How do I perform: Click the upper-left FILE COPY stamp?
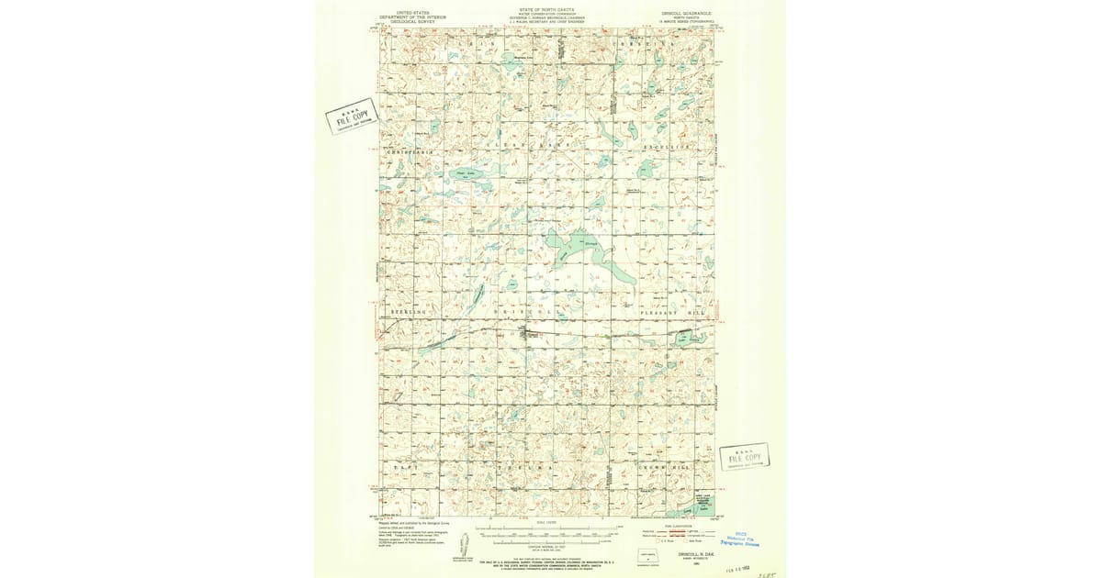coord(352,117)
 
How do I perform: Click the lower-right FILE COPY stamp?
coord(744,457)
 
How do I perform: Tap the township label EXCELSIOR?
coord(675,147)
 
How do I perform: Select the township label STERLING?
coord(407,313)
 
